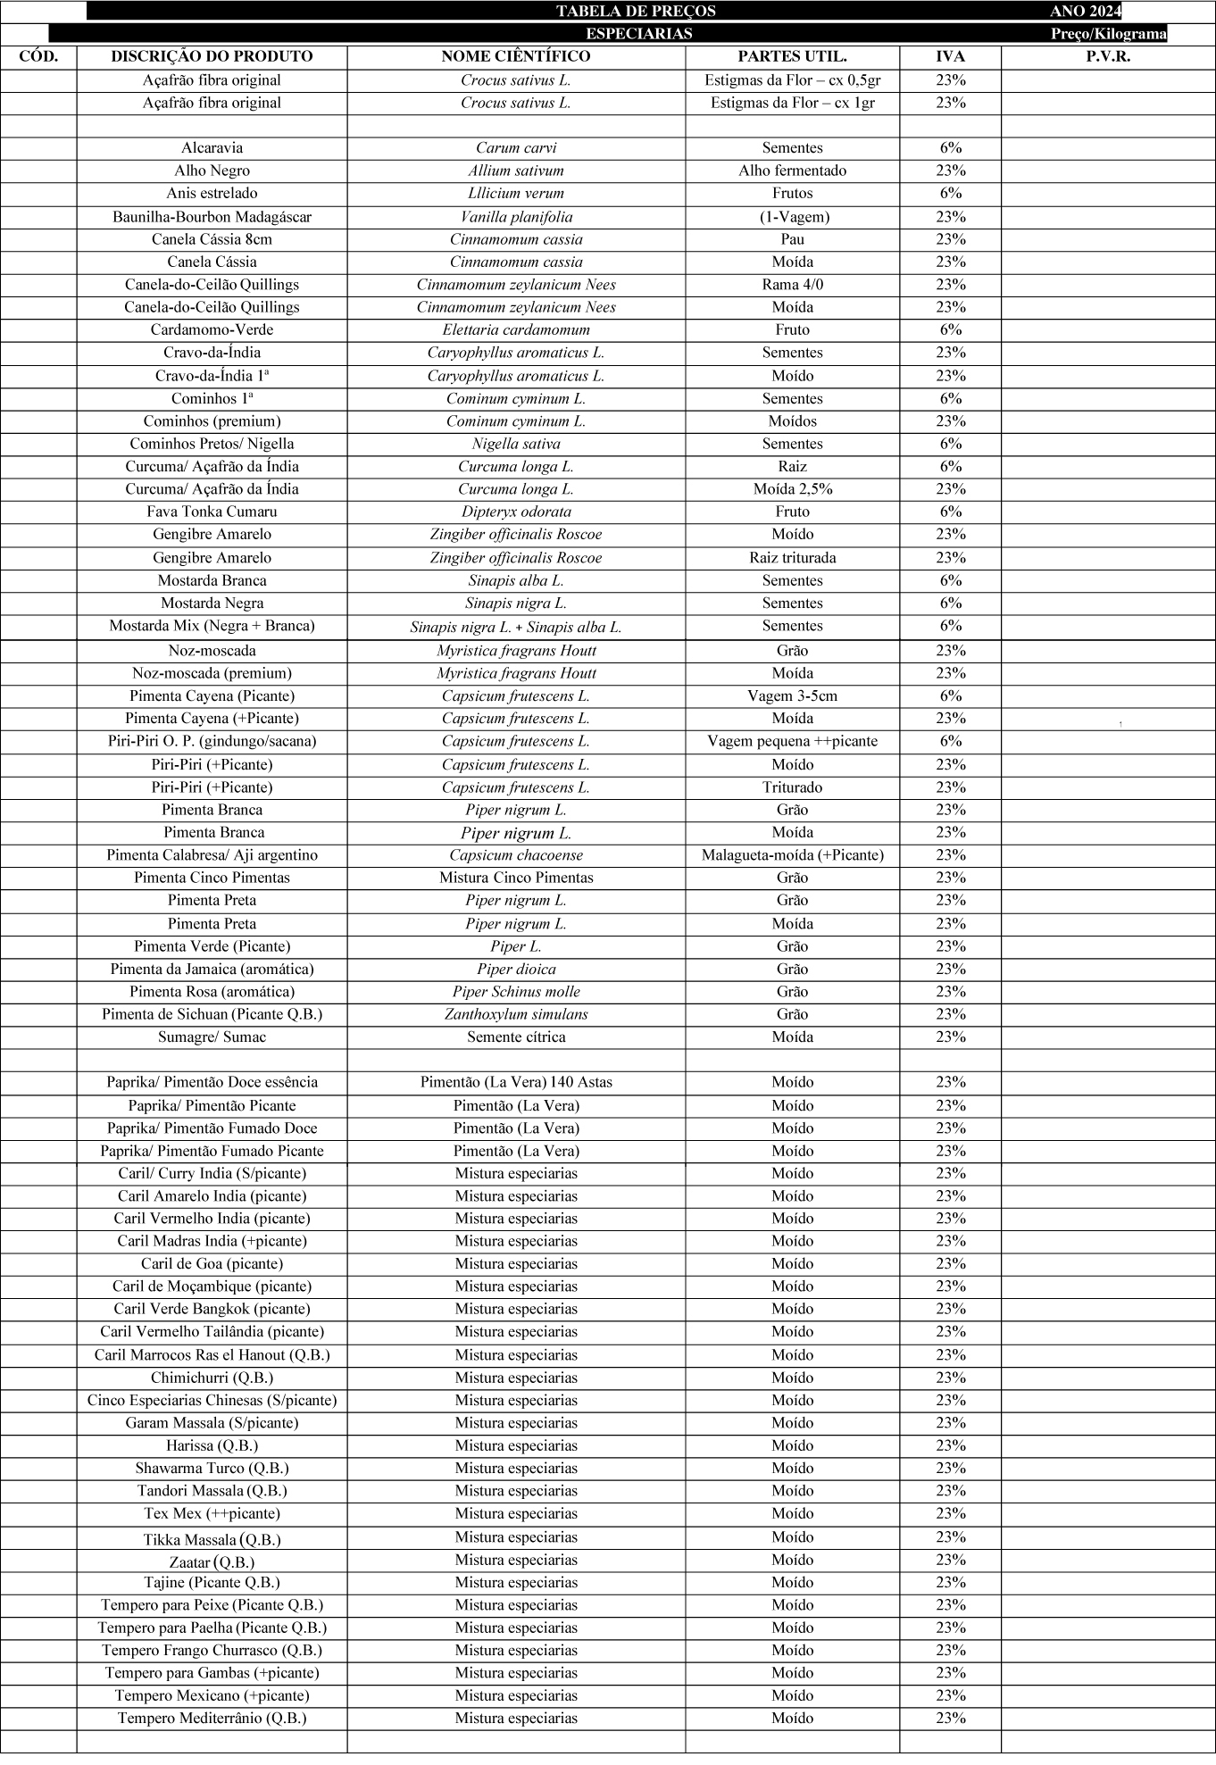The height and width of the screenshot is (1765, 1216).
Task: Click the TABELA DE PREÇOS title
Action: pos(636,12)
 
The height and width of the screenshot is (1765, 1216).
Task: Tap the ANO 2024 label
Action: pos(1085,12)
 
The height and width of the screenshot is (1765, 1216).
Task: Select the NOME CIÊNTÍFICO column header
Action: pos(516,56)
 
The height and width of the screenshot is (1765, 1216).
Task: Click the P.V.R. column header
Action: pos(1107,56)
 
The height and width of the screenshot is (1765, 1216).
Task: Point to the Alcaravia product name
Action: pos(212,148)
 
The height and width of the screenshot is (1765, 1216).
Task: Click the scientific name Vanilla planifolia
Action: pos(516,217)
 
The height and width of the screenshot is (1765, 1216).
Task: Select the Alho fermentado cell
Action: pos(792,171)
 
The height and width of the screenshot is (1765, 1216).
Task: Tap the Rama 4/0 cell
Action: pos(792,285)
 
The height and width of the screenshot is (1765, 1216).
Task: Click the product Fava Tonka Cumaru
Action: pos(212,512)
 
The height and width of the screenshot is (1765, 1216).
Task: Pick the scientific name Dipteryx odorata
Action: pos(516,512)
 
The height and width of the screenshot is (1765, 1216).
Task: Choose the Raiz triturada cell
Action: pos(792,558)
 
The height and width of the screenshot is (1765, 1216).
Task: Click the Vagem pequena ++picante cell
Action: pos(792,741)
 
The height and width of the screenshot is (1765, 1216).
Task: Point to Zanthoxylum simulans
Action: pos(516,1014)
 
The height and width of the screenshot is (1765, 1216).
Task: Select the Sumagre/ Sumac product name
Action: pos(212,1037)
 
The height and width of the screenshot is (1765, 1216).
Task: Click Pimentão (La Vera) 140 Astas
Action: pos(516,1082)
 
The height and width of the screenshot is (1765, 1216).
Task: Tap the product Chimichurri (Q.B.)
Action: pos(212,1378)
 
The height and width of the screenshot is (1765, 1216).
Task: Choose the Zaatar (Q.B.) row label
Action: pos(212,1562)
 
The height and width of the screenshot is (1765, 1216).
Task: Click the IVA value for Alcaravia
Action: pos(950,148)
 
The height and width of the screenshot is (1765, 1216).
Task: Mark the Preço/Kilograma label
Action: pos(1108,34)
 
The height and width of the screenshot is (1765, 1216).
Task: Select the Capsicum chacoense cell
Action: pos(516,855)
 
